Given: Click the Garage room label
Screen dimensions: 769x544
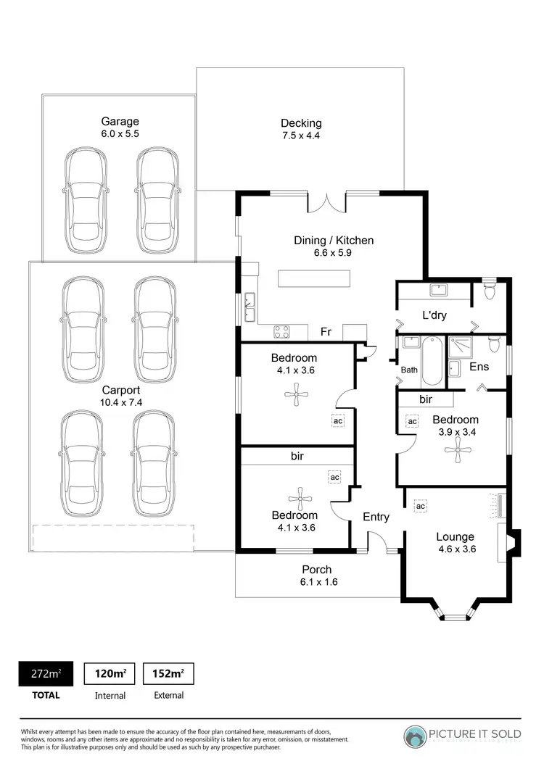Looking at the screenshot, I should pyautogui.click(x=120, y=121).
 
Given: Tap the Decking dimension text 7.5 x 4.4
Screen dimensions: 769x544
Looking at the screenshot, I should pyautogui.click(x=301, y=136).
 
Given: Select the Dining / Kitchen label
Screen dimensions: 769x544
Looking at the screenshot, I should pyautogui.click(x=333, y=241).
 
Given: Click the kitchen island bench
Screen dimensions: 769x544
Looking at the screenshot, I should pyautogui.click(x=314, y=278).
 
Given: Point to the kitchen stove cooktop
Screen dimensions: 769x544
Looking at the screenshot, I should pyautogui.click(x=282, y=333).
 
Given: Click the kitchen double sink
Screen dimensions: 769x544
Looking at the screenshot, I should pyautogui.click(x=250, y=307).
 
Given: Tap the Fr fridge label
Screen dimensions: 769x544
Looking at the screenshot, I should pyautogui.click(x=326, y=332).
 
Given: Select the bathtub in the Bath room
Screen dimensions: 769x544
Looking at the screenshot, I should pyautogui.click(x=431, y=361).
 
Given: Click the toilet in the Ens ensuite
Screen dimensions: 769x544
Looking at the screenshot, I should pyautogui.click(x=494, y=342).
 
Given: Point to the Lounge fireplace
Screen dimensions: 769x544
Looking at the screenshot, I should pyautogui.click(x=511, y=544).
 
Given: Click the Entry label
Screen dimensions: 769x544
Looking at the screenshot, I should pyautogui.click(x=376, y=517).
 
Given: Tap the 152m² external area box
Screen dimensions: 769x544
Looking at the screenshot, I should pyautogui.click(x=168, y=674).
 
